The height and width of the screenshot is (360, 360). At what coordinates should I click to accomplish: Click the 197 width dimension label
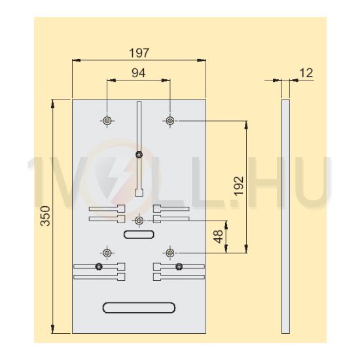point(139,52)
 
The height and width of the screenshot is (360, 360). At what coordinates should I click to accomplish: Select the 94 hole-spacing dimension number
point(139,73)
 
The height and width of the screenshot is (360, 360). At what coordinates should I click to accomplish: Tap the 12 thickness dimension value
point(305,73)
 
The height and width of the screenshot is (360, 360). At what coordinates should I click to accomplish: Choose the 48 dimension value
point(219,235)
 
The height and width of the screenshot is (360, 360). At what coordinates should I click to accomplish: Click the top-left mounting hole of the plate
point(107,120)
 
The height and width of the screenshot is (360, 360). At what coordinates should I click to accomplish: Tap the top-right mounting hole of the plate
point(170,120)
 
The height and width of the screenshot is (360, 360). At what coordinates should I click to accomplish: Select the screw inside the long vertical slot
point(139,154)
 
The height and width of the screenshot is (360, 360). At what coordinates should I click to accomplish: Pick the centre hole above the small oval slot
point(138,220)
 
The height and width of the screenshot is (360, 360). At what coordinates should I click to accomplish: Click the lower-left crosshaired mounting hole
point(107,253)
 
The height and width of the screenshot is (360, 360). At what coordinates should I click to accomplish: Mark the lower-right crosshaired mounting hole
point(170,253)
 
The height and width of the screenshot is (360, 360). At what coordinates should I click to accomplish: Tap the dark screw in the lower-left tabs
point(98,266)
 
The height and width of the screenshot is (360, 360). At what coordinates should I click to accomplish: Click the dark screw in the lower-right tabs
point(179,266)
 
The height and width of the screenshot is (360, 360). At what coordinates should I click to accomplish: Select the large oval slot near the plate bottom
point(139,306)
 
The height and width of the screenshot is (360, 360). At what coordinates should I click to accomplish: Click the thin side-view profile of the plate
point(284,216)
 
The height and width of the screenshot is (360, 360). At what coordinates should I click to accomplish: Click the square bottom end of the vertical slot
point(139,192)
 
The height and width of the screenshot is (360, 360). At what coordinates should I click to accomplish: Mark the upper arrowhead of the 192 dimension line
point(245,124)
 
